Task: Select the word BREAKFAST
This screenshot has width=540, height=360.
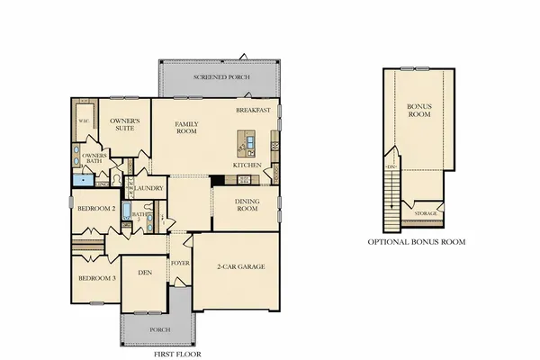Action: pyautogui.click(x=253, y=110)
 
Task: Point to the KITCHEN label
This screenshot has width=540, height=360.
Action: pyautogui.click(x=247, y=166)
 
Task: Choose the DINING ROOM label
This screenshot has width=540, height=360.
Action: pyautogui.click(x=247, y=206)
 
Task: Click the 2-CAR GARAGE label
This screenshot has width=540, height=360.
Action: pyautogui.click(x=239, y=268)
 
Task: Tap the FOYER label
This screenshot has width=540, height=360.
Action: pyautogui.click(x=180, y=264)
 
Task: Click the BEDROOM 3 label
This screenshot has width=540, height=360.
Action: pyautogui.click(x=95, y=278)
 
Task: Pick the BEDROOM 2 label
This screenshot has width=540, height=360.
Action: pyautogui.click(x=95, y=209)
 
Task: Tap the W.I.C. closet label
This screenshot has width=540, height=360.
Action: pyautogui.click(x=84, y=120)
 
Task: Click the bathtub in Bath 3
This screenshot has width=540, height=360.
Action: pyautogui.click(x=128, y=213)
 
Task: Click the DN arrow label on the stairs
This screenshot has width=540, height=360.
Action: pyautogui.click(x=391, y=168)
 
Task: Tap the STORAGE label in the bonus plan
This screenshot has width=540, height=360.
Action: pyautogui.click(x=426, y=213)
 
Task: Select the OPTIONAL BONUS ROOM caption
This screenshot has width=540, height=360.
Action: pyautogui.click(x=417, y=242)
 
